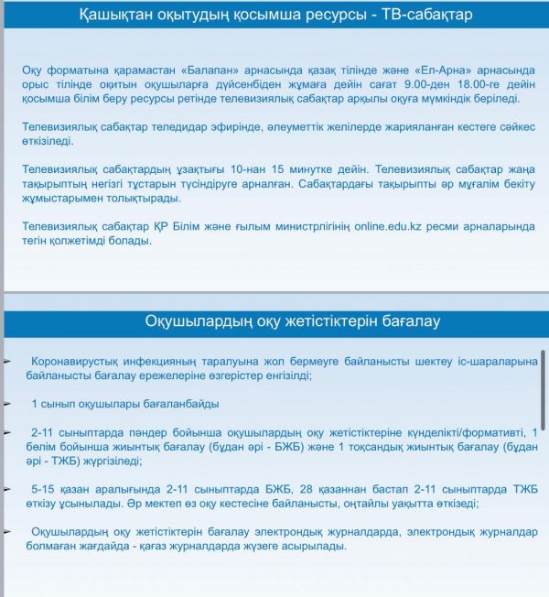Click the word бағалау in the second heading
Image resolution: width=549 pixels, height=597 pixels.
[409, 321]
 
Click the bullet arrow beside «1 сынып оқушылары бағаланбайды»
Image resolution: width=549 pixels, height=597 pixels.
[7, 404]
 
